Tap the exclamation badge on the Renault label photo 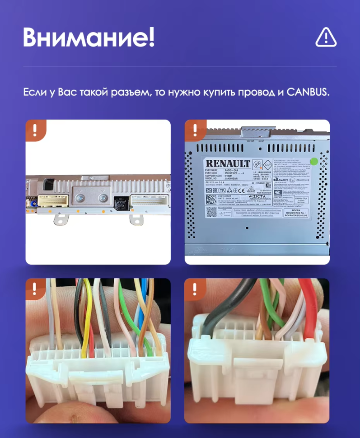[x=195, y=130]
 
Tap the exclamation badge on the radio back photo [x=36, y=130]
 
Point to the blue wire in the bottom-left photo [x=144, y=307]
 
